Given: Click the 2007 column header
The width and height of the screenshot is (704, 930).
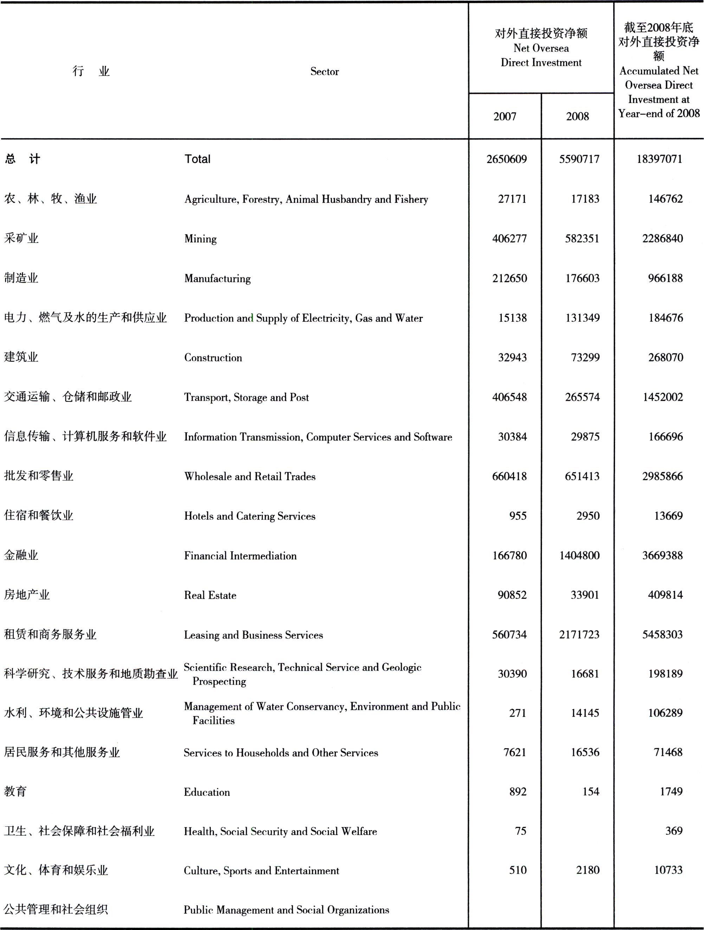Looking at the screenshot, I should coord(504,116).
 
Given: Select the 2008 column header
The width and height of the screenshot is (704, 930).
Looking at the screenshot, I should coord(577,116).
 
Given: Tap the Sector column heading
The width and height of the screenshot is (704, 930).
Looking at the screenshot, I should coord(324,71).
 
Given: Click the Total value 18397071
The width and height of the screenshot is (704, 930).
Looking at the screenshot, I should coord(659,159).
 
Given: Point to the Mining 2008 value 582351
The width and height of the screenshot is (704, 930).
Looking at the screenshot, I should coord(582,238).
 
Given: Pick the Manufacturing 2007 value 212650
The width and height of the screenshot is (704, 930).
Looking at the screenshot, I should coord(509,278).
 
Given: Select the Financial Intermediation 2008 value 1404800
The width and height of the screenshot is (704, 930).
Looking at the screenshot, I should coord(579,556).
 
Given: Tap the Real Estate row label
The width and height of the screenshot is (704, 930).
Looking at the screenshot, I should coord(210,595).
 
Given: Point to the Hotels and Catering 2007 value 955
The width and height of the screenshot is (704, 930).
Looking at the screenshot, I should coord(517,516).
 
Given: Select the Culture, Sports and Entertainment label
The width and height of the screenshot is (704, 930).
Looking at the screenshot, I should coord(261,871).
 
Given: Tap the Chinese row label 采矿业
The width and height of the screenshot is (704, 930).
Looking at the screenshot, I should coord(21,238).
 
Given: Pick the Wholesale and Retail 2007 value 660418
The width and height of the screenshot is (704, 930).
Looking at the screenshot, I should coord(509,476).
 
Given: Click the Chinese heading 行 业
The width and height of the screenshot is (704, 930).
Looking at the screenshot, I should coord(91,71).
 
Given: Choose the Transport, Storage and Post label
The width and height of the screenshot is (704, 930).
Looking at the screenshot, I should coord(246,397).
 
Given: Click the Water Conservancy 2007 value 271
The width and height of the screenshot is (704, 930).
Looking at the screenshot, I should coord(517,713).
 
